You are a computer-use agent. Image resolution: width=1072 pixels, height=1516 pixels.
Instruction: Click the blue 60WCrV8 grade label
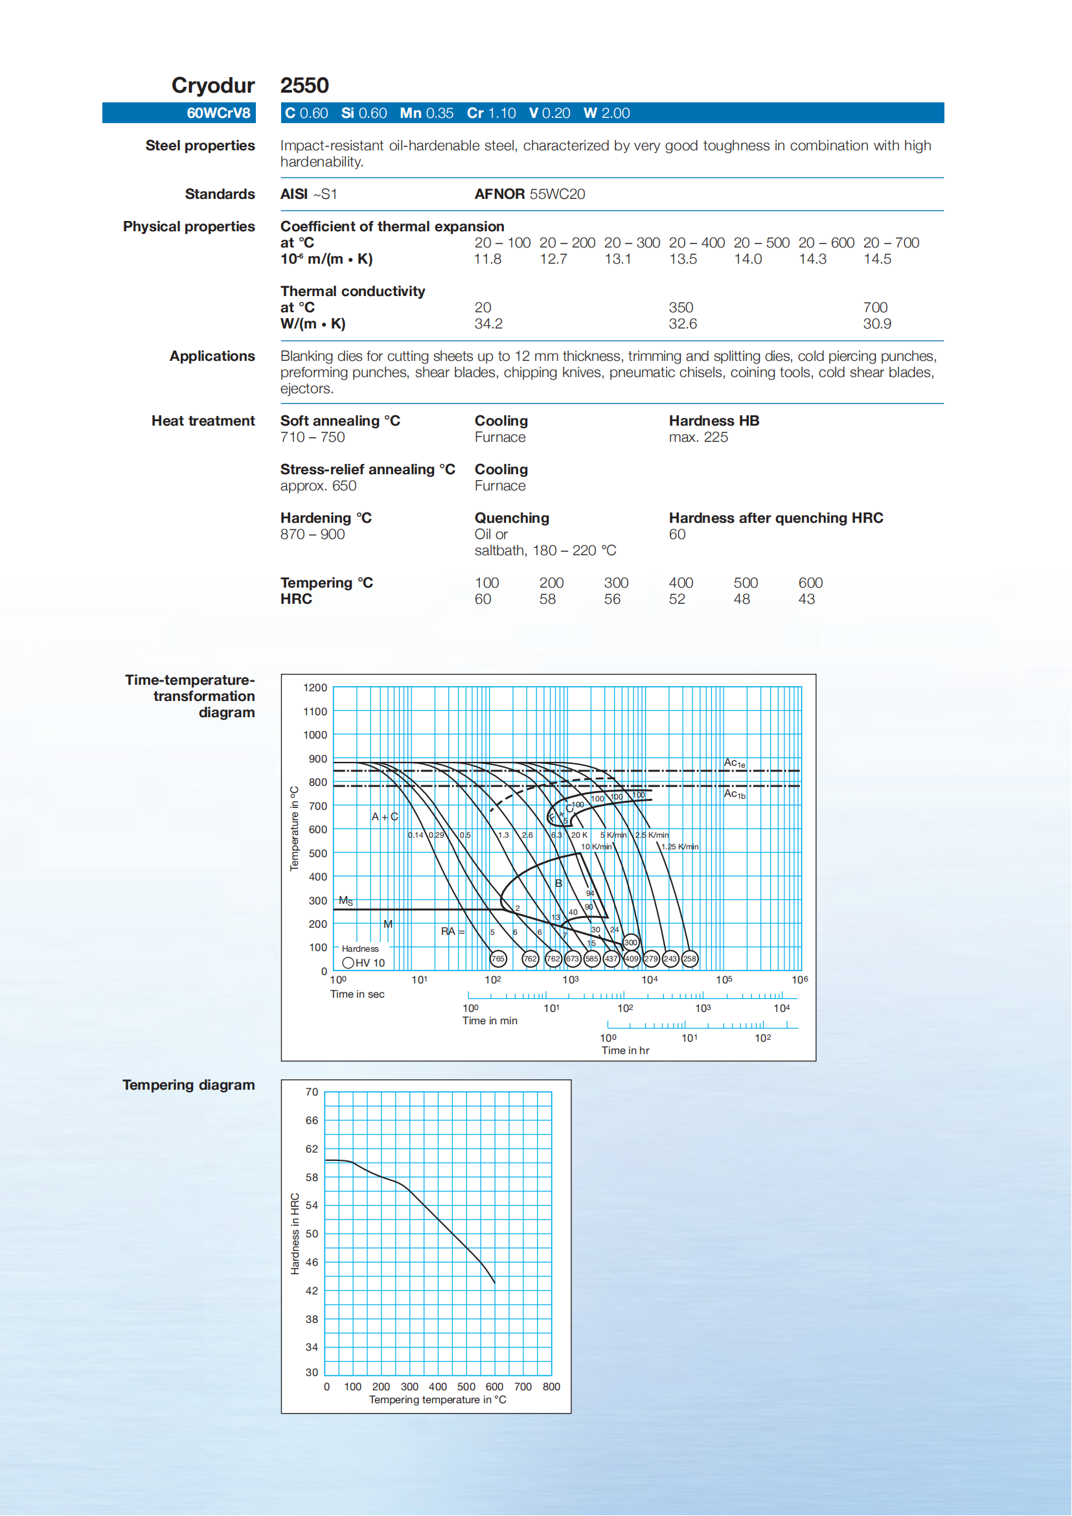tap(218, 113)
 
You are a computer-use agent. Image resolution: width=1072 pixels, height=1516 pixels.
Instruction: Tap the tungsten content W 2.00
tap(606, 113)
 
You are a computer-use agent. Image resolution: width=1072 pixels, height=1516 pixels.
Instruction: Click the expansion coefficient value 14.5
tap(877, 259)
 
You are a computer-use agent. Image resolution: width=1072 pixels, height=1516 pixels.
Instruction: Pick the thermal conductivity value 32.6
tap(683, 323)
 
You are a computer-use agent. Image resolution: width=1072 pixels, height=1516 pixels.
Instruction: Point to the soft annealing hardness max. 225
tap(698, 437)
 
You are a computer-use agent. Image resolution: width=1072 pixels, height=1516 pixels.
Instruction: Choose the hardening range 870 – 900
tap(312, 534)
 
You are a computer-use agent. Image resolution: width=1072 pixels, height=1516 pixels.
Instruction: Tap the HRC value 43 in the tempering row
tap(806, 599)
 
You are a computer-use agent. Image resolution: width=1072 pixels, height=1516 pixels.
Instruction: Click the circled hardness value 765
tap(497, 959)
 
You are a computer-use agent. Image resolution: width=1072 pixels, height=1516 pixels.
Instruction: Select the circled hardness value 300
tap(630, 943)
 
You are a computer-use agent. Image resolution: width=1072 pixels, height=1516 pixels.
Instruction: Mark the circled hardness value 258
tap(689, 959)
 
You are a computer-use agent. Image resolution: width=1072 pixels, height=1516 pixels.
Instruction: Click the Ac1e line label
tap(734, 763)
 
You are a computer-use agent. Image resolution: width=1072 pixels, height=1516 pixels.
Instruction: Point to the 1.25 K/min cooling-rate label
tap(679, 847)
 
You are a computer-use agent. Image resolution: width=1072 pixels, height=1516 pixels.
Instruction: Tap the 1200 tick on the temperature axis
tap(315, 687)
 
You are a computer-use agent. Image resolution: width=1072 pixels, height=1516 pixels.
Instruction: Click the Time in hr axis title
tap(624, 1050)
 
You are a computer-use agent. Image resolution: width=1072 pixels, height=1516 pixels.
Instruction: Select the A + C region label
tap(384, 817)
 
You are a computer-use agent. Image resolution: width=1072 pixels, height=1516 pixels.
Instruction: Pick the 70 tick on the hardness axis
tap(312, 1092)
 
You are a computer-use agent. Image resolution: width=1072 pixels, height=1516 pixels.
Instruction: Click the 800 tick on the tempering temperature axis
tap(551, 1386)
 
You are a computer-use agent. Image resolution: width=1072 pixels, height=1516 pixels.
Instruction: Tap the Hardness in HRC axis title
tap(295, 1234)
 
